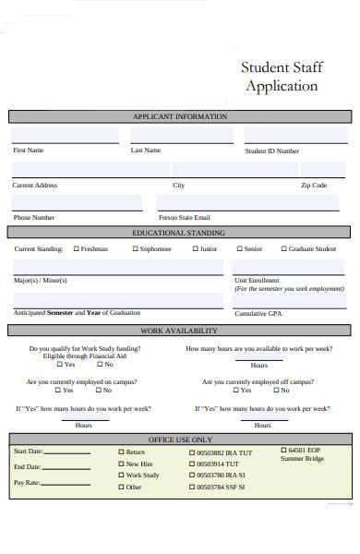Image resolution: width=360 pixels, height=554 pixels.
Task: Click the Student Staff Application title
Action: (279, 76)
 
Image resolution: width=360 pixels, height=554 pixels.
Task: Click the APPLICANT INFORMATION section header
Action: (180, 117)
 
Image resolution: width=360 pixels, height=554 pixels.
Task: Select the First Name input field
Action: (65, 136)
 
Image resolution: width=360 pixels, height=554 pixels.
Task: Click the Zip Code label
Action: (314, 186)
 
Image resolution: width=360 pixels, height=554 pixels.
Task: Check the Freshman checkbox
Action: (77, 249)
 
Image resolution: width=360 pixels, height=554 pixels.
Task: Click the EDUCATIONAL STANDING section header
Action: (180, 233)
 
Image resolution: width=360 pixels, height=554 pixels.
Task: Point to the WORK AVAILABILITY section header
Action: (180, 331)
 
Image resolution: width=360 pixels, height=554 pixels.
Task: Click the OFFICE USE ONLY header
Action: (180, 440)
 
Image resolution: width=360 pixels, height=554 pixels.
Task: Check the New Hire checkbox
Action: (120, 464)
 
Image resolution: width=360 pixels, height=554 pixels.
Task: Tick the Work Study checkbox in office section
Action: (120, 476)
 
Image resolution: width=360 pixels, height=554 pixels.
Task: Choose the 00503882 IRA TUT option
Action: (191, 452)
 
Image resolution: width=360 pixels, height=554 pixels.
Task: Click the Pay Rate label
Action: (27, 482)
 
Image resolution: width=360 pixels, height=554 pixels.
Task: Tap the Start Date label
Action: (29, 452)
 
